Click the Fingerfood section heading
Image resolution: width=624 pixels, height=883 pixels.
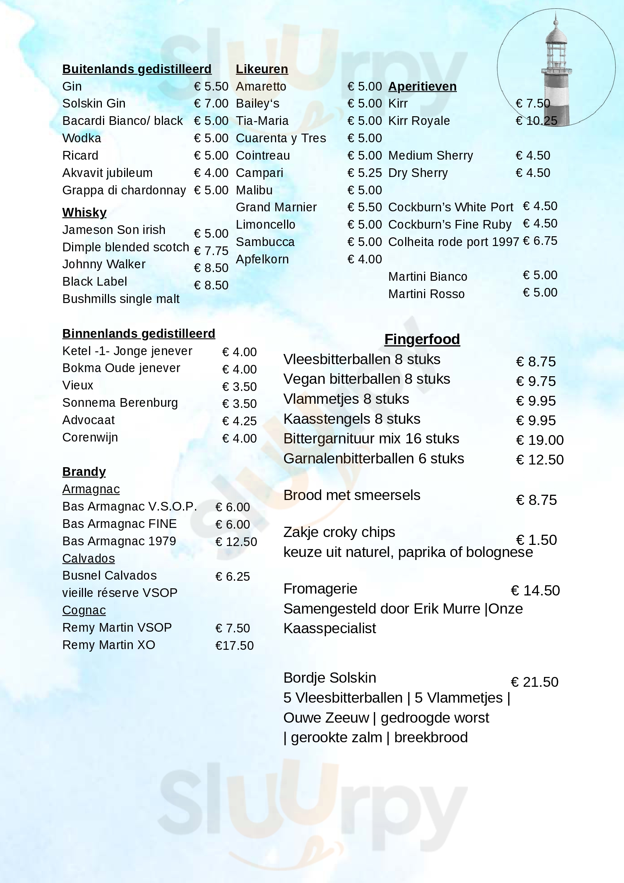[422, 339]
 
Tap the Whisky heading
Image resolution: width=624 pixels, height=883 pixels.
[84, 212]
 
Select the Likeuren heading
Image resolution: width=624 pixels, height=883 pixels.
[261, 69]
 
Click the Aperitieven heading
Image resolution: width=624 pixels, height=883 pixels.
[422, 86]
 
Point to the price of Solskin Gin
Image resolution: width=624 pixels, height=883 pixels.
[211, 103]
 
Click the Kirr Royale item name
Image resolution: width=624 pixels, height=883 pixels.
[419, 121]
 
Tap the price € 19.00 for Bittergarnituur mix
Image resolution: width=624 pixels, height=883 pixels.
[539, 440]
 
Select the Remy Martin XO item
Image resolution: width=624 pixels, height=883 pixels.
[108, 645]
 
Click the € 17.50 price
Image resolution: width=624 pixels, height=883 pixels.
[234, 646]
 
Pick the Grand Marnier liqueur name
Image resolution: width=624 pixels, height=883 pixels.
[276, 207]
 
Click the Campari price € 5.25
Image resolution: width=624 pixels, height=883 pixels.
[364, 173]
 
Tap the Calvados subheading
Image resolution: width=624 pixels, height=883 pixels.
[88, 558]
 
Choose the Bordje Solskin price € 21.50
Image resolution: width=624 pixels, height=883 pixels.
[535, 682]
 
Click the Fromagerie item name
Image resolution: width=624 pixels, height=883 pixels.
[320, 589]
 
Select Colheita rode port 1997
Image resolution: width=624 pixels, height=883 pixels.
[453, 242]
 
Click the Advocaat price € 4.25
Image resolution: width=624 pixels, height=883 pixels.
[239, 421]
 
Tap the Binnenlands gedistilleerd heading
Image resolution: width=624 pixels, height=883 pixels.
[138, 334]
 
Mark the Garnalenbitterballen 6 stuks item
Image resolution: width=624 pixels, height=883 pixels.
[373, 458]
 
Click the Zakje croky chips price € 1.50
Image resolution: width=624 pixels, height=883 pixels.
[536, 540]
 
